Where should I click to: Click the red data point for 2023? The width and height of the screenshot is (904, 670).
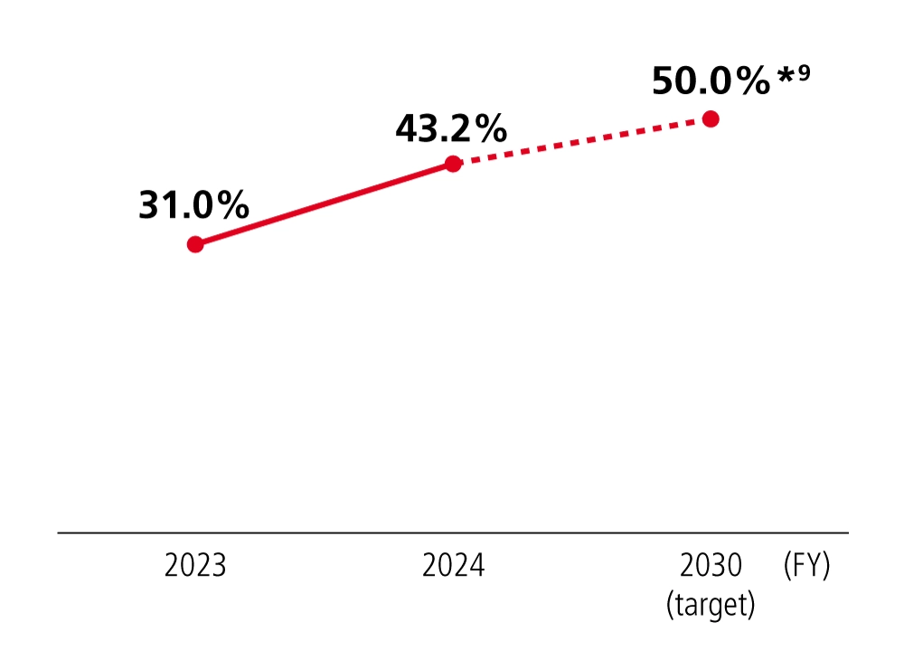click(x=194, y=244)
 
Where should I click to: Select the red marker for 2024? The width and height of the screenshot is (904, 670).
click(x=453, y=164)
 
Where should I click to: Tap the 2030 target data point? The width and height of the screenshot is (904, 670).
click(x=711, y=118)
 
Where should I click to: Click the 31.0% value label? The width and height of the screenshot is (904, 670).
click(x=193, y=206)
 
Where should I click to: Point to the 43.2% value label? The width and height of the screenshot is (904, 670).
click(x=451, y=129)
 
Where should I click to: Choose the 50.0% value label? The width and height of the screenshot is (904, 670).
click(x=711, y=81)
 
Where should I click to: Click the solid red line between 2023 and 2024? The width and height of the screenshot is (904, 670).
click(x=324, y=203)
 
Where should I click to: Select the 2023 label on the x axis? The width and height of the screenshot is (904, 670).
click(x=195, y=566)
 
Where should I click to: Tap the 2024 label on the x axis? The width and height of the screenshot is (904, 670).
click(x=453, y=566)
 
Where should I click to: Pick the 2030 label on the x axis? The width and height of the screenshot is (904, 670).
click(x=711, y=566)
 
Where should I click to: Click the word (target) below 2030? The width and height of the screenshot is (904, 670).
click(x=711, y=604)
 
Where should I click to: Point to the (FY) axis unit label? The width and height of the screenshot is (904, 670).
click(x=806, y=566)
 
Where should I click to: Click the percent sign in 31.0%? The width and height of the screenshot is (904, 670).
click(x=231, y=206)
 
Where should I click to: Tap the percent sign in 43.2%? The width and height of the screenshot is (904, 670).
click(x=488, y=129)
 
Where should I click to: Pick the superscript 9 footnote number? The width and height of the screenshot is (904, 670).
click(x=804, y=72)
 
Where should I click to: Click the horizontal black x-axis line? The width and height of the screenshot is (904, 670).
click(x=452, y=533)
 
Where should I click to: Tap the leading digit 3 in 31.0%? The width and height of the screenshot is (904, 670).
click(x=148, y=206)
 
